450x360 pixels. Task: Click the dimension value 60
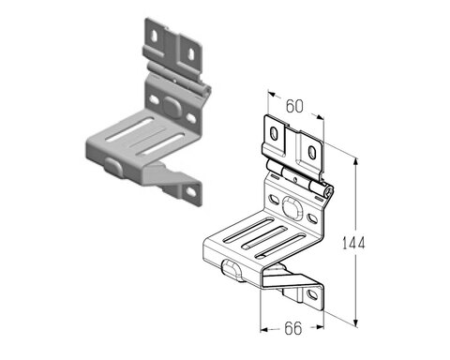coord(294,106)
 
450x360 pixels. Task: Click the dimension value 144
coord(353,243)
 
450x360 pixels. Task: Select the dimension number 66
coord(293,328)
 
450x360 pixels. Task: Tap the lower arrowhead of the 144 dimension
coord(355,322)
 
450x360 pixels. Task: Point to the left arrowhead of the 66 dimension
coord(264,329)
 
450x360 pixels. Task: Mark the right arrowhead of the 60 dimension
coord(320,117)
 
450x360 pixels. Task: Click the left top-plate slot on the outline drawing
coord(274,133)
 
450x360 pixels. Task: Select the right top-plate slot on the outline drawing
coord(312,152)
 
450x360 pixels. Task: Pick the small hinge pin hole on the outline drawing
coord(295,179)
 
